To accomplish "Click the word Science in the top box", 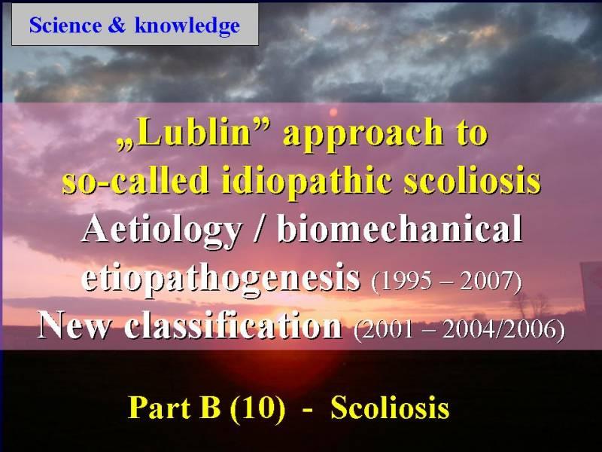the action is pos(65,26).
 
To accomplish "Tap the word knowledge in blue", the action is pos(187,26).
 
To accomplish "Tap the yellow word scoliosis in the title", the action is pos(473,179).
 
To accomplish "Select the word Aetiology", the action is pos(162,230).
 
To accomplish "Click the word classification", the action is pos(233,325).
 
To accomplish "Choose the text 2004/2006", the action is pos(500,329).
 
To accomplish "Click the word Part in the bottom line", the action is pos(160,408).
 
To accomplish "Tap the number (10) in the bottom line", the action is pos(257,408).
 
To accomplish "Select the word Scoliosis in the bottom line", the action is pos(390,408).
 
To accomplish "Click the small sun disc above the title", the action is pos(333,112).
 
